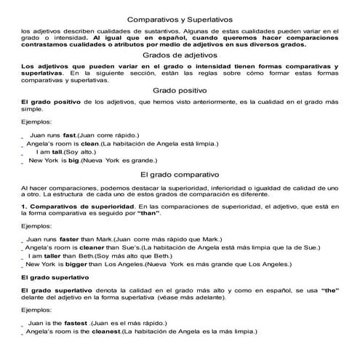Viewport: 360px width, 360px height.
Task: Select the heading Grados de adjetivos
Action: tap(180, 55)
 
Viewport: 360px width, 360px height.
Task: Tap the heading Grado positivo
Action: tap(180, 89)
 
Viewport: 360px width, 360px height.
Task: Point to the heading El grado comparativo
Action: tap(180, 175)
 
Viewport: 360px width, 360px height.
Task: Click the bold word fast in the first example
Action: tap(70, 135)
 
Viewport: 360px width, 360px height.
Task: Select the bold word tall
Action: tap(55, 152)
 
